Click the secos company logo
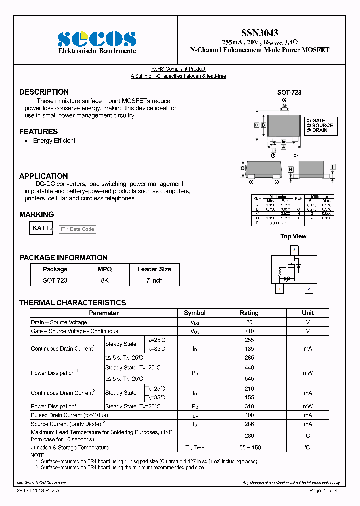coord(97,39)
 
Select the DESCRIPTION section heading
coord(44,92)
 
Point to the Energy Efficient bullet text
coord(54,141)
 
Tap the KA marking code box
coord(41,228)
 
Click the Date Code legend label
coord(78,229)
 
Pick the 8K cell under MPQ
coord(105,281)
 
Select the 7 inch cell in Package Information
coord(154,281)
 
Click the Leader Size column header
coord(154,269)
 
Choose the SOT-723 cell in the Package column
coord(55,281)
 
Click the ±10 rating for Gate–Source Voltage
coord(249,331)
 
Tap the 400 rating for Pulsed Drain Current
coord(249,415)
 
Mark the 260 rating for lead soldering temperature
coord(249,436)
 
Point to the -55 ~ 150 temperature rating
coord(249,448)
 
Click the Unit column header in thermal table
coord(308,313)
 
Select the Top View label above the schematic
coord(293,236)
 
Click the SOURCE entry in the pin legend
coord(322,125)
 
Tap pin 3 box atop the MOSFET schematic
coord(295,249)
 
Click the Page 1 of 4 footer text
coord(324,491)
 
